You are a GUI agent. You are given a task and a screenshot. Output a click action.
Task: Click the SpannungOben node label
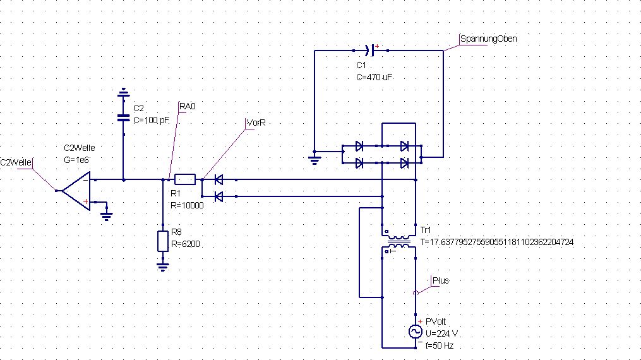(x=488, y=39)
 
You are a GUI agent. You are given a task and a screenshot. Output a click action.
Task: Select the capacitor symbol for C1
(x=371, y=51)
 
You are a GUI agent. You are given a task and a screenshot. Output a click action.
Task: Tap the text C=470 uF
(x=374, y=77)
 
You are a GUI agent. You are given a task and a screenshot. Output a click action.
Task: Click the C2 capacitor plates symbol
(x=123, y=117)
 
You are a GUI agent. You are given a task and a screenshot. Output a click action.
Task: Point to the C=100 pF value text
(x=152, y=120)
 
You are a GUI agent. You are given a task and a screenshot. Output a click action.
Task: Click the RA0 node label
(x=187, y=107)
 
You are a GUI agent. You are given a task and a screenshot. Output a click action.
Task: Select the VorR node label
(x=256, y=123)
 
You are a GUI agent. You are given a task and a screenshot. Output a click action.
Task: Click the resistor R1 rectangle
(x=185, y=179)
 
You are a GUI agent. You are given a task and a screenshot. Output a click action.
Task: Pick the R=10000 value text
(x=187, y=205)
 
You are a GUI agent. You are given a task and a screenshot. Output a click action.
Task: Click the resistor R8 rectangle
(x=163, y=241)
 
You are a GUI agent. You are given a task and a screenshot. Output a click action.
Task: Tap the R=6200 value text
(x=186, y=244)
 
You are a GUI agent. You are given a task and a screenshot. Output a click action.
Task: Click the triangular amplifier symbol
(x=76, y=191)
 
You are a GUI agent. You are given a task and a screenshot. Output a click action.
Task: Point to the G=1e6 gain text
(x=76, y=160)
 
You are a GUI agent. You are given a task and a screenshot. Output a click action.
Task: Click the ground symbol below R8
(x=163, y=267)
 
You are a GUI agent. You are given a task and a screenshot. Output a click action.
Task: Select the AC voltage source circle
(x=416, y=332)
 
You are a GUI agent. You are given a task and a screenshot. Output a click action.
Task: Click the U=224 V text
(x=441, y=333)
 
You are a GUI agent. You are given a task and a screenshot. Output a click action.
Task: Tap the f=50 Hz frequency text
(x=440, y=345)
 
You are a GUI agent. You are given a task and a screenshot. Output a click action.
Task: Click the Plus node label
(x=441, y=280)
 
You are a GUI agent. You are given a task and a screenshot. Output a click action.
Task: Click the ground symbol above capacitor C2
(x=123, y=93)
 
